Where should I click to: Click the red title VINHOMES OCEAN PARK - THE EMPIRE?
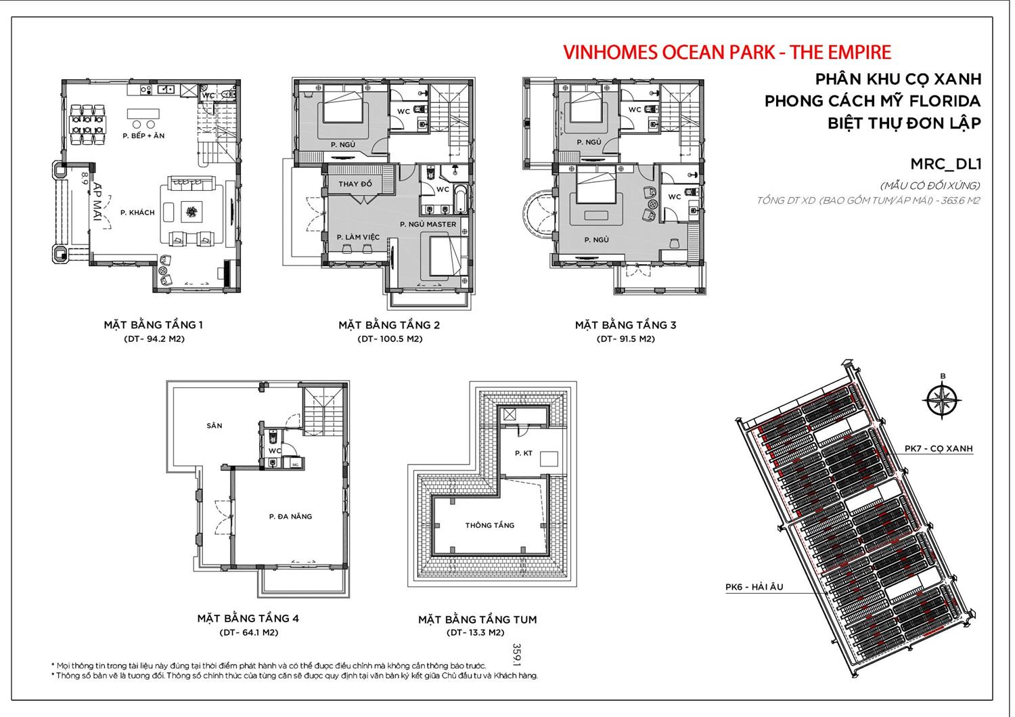click(x=727, y=52)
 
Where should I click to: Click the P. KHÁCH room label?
click(x=137, y=213)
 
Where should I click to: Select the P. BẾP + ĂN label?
click(x=143, y=136)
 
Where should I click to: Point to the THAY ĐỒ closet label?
click(x=355, y=184)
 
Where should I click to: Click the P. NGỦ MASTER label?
click(x=428, y=224)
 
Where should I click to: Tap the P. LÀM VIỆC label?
click(x=358, y=237)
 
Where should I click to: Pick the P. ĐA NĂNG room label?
click(x=290, y=517)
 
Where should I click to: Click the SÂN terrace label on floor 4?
click(x=215, y=426)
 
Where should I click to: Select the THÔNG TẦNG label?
click(x=489, y=525)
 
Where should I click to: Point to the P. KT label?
click(x=523, y=453)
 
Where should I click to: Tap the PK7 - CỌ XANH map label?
click(x=939, y=448)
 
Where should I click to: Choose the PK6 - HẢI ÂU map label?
click(x=754, y=587)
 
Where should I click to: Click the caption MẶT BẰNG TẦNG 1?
click(x=154, y=325)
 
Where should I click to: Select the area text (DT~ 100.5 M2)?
click(x=390, y=339)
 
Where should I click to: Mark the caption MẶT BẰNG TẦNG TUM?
click(x=477, y=620)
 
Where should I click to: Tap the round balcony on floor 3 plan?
click(x=540, y=213)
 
